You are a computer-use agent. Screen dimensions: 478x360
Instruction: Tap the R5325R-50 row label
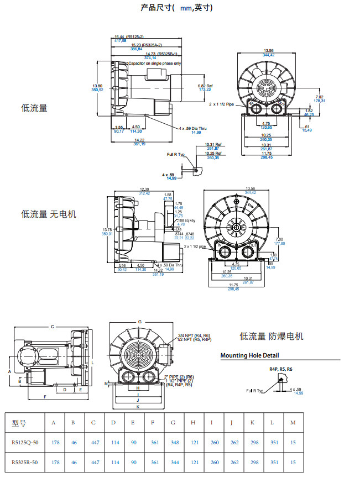(x=25, y=463)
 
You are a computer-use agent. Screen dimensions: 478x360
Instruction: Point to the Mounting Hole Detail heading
(x=249, y=355)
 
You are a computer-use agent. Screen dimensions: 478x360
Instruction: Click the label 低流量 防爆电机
(x=272, y=336)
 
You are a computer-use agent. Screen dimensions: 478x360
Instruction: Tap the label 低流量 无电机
(x=48, y=213)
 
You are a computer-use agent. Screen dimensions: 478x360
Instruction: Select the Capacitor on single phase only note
(x=155, y=64)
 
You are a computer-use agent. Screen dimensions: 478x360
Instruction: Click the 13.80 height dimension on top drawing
(x=97, y=86)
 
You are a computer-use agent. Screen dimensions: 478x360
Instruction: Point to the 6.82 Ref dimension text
(x=205, y=86)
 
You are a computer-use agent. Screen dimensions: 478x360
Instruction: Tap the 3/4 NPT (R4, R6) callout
(x=194, y=335)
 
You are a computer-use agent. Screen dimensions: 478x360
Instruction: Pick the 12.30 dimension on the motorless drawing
(x=144, y=189)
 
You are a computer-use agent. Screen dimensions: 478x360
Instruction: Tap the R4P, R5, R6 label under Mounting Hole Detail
(x=280, y=369)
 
